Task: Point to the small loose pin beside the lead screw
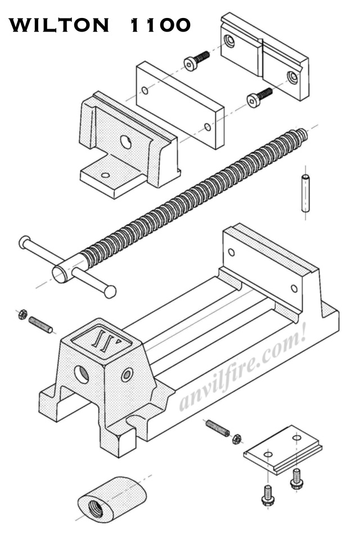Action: pyautogui.click(x=305, y=193)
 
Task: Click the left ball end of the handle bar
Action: pyautogui.click(x=24, y=242)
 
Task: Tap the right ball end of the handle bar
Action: pyautogui.click(x=110, y=291)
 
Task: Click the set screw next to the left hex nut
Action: pyautogui.click(x=40, y=324)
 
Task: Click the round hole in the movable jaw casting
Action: pyautogui.click(x=126, y=143)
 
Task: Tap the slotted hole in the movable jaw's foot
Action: pyautogui.click(x=105, y=175)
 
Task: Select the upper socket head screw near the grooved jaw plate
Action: pyautogui.click(x=196, y=61)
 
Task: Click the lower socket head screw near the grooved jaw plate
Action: pyautogui.click(x=259, y=97)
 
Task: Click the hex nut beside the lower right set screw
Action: pyautogui.click(x=237, y=438)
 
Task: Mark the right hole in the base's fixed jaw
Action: pyautogui.click(x=294, y=288)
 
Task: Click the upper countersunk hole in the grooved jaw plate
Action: pyautogui.click(x=229, y=40)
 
